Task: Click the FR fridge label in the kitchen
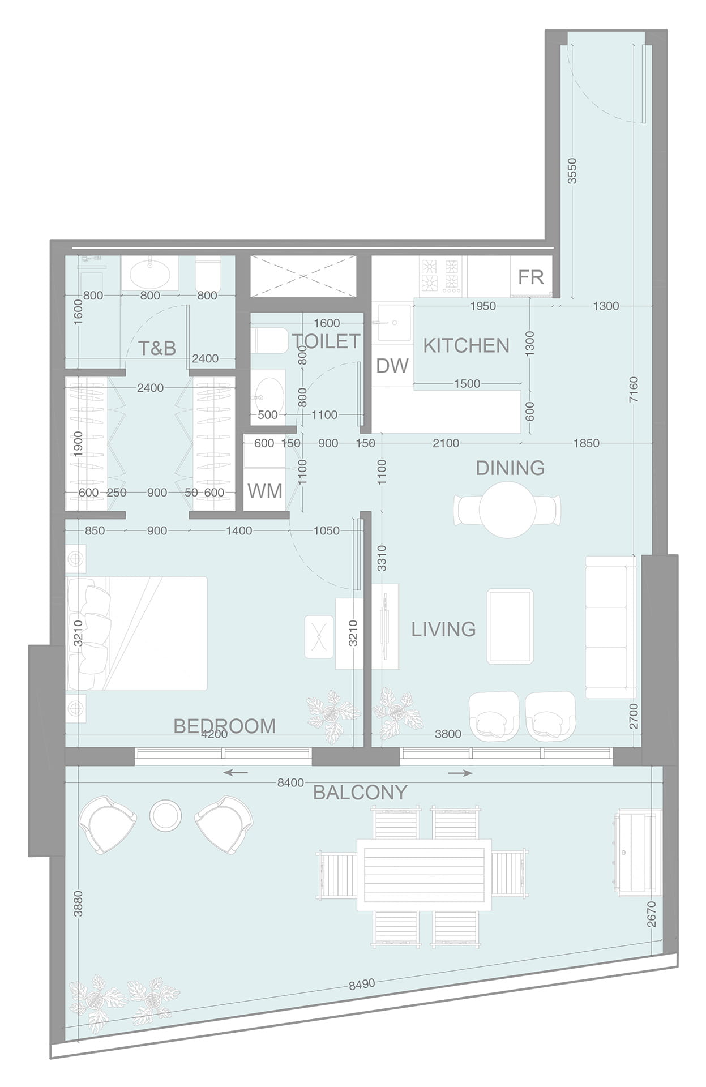click(x=530, y=277)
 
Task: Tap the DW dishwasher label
click(x=392, y=366)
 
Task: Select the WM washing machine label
click(x=265, y=491)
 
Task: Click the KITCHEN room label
click(x=466, y=345)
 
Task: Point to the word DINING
click(x=510, y=468)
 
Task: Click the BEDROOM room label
click(x=224, y=726)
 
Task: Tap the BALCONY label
click(x=360, y=792)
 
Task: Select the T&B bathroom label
click(x=157, y=348)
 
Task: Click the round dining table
click(x=507, y=510)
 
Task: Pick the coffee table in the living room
click(x=510, y=626)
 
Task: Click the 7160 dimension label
click(x=634, y=390)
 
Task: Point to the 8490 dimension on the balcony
click(x=362, y=984)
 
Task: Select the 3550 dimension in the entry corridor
click(x=572, y=171)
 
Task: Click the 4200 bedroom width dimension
click(x=215, y=734)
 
